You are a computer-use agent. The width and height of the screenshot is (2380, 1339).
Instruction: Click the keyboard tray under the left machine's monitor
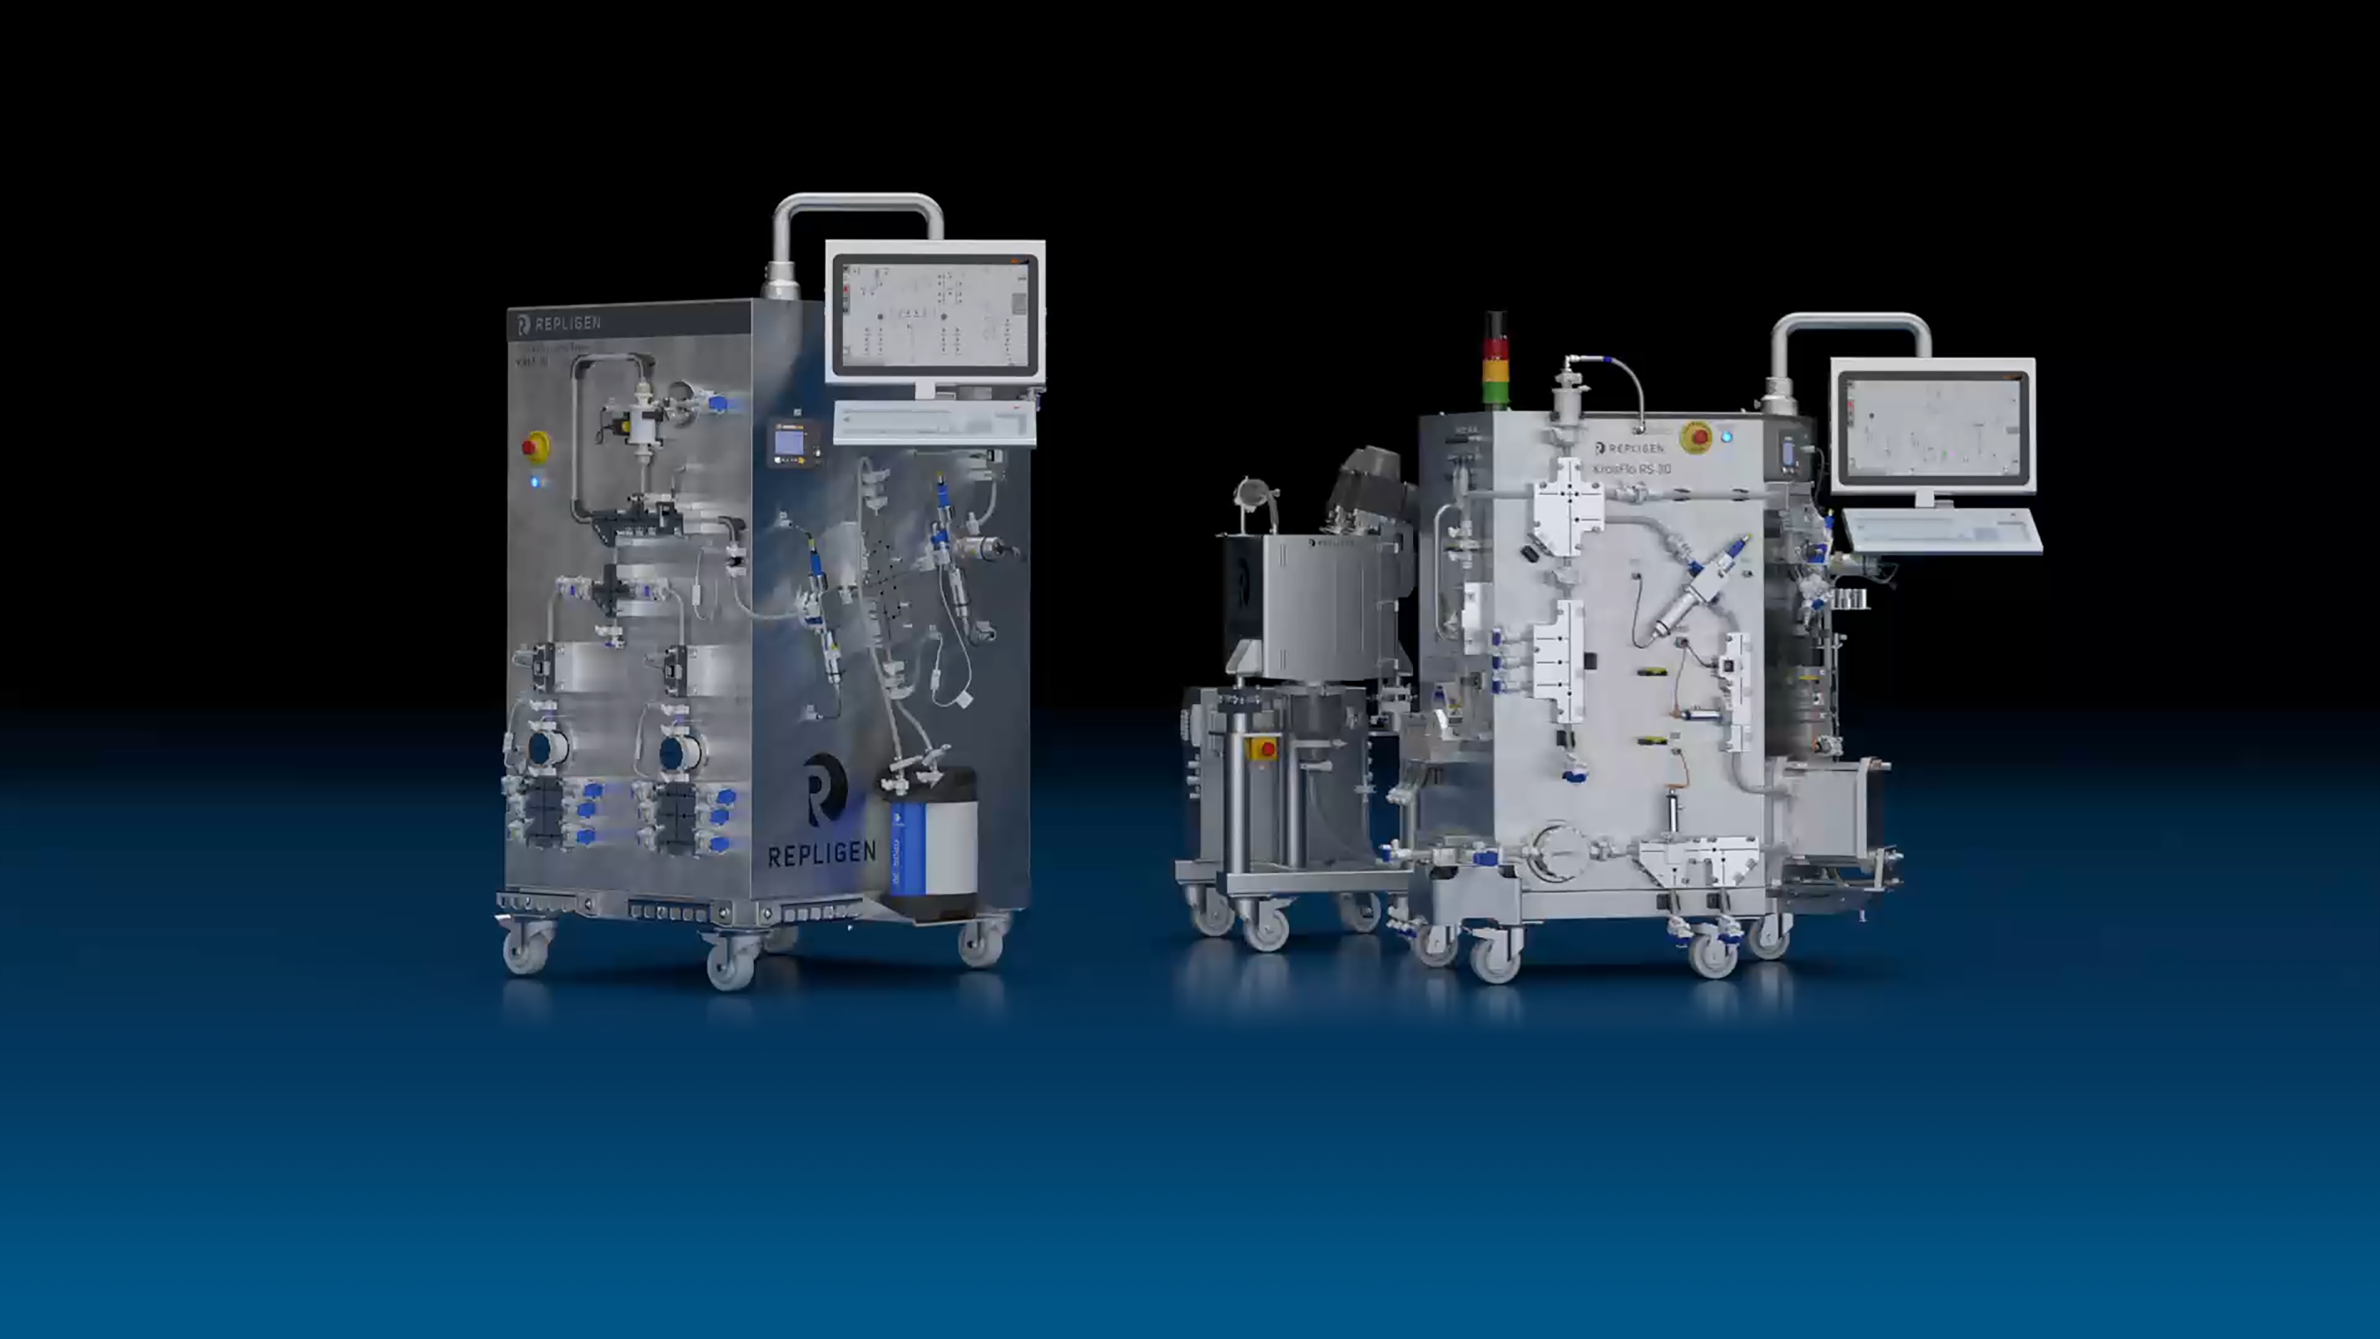point(935,423)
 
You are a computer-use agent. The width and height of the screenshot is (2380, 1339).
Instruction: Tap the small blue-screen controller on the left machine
point(790,443)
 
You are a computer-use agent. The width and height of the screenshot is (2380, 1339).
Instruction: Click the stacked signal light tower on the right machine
point(1495,361)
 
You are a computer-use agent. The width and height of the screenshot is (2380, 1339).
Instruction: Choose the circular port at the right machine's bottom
point(1559,851)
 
